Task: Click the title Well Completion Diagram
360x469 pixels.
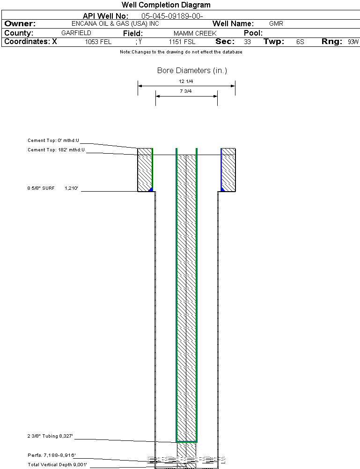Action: [166, 5]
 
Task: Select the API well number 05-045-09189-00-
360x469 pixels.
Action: [172, 16]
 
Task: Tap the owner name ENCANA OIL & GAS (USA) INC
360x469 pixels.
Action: [115, 23]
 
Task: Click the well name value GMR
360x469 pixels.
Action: [276, 23]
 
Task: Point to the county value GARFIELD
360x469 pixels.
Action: [76, 33]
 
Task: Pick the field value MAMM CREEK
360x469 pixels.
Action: [195, 33]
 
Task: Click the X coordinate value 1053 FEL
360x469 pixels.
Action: [98, 42]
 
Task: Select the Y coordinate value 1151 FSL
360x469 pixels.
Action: [182, 42]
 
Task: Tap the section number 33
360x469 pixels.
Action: [247, 42]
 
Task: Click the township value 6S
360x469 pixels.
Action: [300, 42]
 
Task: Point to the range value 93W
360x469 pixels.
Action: [353, 42]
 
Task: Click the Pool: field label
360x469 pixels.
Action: [253, 33]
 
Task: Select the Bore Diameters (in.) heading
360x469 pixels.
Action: [192, 71]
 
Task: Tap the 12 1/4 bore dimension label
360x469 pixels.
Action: [186, 82]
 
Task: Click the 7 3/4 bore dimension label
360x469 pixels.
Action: [186, 91]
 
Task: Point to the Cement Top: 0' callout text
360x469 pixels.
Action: [53, 140]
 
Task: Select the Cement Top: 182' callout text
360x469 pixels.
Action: [56, 150]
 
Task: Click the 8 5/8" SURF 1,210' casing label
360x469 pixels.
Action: [53, 188]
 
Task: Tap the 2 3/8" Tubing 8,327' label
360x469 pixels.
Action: [50, 436]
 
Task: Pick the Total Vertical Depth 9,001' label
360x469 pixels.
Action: [58, 464]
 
